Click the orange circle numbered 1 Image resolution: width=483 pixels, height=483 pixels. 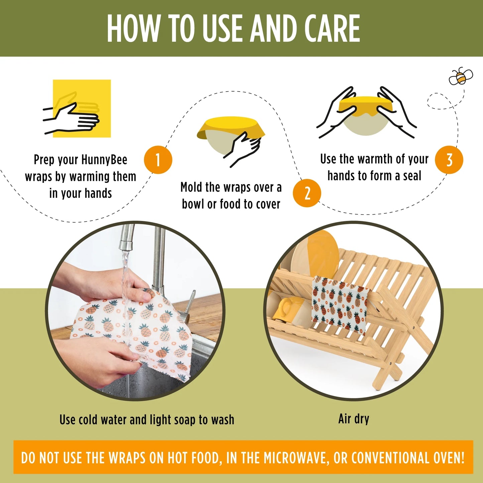158,160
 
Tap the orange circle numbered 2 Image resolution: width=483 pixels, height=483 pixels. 307,193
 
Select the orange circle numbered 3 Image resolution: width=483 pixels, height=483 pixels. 449,160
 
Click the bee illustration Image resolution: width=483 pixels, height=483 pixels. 461,77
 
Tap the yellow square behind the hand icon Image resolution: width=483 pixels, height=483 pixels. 82,108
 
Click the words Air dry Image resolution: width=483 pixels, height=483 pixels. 354,419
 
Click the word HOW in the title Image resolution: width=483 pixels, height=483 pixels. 133,28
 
